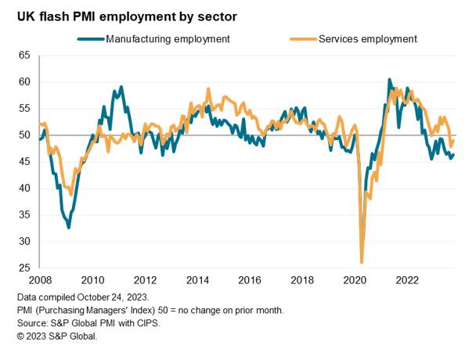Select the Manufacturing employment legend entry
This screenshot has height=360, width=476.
(x=168, y=38)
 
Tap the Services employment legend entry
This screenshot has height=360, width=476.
(x=367, y=38)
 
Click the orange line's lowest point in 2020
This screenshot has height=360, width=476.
(x=362, y=262)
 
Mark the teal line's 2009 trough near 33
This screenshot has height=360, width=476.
(x=69, y=227)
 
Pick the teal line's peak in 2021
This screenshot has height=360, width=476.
(x=389, y=80)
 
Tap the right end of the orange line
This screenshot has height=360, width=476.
(x=454, y=141)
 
